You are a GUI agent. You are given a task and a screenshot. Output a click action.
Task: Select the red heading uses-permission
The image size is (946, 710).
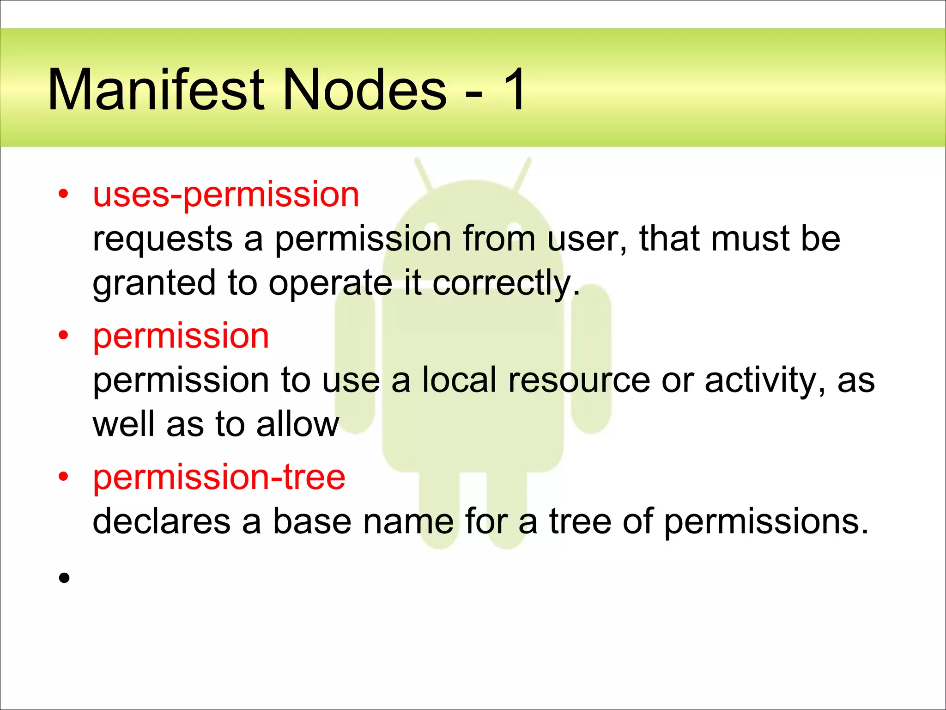[226, 195]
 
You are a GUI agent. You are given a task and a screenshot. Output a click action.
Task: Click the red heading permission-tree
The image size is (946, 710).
[219, 477]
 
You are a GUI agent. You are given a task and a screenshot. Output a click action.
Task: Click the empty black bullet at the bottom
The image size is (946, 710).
[64, 577]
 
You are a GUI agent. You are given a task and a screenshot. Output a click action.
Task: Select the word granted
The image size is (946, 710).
[154, 284]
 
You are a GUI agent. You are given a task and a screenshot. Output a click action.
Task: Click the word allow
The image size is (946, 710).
[297, 425]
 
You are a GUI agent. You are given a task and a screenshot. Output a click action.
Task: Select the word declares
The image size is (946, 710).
[161, 521]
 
